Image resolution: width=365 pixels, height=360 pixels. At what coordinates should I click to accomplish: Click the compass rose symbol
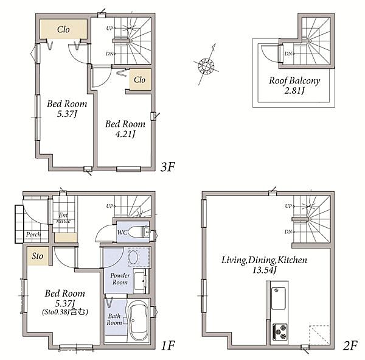[x=206, y=66]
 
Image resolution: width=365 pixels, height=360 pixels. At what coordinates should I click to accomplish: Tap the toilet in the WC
[x=139, y=231]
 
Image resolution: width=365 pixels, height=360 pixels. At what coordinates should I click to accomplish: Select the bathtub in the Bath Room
[x=139, y=320]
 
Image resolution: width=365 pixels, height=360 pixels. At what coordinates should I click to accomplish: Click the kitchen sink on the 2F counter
[x=279, y=298]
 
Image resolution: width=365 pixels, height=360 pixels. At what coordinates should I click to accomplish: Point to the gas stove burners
[x=280, y=331]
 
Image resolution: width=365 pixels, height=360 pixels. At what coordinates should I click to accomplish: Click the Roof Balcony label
[x=294, y=85]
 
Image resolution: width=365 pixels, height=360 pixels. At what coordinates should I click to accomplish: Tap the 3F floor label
[x=168, y=167]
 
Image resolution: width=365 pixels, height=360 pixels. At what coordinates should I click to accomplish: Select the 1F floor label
[x=168, y=345]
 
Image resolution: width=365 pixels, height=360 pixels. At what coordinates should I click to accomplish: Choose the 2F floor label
[x=350, y=345]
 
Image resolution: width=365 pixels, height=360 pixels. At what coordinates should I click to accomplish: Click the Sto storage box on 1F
[x=38, y=256]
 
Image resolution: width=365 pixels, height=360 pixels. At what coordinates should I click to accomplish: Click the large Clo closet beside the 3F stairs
[x=63, y=29]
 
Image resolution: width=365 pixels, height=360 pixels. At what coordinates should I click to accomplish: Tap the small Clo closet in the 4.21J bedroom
[x=140, y=80]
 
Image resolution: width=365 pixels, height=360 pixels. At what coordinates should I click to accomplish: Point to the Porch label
[x=33, y=235]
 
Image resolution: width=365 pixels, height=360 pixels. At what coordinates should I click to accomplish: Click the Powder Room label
[x=120, y=279]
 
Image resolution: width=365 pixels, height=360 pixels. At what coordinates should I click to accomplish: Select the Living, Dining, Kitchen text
[x=264, y=260]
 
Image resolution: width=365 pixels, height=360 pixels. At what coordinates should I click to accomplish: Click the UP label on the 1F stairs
[x=109, y=206]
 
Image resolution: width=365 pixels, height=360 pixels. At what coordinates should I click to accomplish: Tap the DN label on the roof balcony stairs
[x=288, y=54]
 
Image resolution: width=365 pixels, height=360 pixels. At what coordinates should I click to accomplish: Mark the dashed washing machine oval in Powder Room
[x=133, y=258]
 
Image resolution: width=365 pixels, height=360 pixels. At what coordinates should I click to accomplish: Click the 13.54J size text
[x=265, y=270]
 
